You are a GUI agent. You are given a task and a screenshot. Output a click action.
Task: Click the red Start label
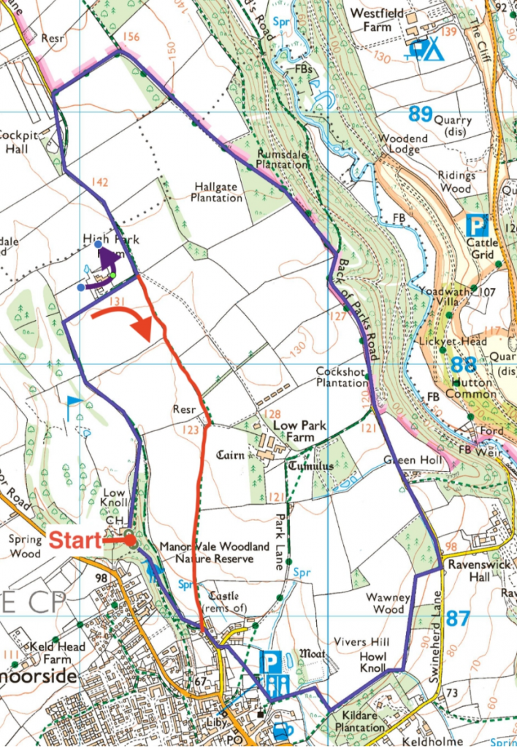74,541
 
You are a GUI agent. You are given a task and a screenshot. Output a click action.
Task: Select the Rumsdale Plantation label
282,160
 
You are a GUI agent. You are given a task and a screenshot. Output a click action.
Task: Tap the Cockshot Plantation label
342,376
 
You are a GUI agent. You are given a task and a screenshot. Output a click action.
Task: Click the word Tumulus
310,465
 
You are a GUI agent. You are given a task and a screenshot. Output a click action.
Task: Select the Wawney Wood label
388,603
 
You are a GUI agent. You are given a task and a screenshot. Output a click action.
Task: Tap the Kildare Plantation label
359,721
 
